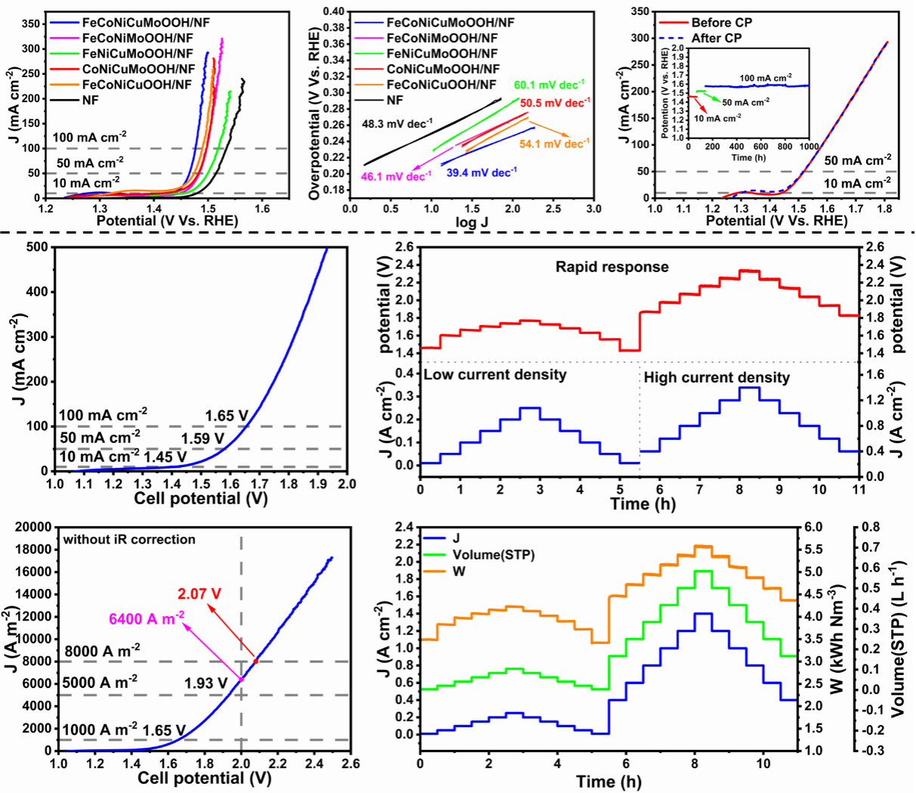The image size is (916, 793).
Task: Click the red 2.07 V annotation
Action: click(200, 594)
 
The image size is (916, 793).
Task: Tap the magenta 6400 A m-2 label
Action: click(147, 619)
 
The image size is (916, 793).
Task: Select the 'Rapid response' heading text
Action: click(612, 267)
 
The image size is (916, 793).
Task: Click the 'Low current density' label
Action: click(495, 375)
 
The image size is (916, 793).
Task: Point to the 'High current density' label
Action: click(716, 378)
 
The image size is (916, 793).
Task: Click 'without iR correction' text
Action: click(129, 540)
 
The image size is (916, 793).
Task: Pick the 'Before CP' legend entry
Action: click(722, 23)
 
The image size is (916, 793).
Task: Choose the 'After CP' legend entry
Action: click(716, 38)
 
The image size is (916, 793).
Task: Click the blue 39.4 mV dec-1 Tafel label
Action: click(481, 173)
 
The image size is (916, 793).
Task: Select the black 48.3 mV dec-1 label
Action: click(397, 124)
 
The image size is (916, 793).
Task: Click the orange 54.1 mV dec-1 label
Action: click(554, 144)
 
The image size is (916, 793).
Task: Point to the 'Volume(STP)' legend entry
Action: click(494, 555)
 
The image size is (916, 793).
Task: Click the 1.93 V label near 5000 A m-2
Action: click(206, 683)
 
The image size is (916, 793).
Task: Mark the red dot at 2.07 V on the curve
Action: click(256, 661)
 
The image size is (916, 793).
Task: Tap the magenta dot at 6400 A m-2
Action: click(242, 680)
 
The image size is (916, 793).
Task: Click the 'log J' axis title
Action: click(472, 222)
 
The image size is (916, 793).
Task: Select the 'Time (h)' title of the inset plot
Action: click(748, 157)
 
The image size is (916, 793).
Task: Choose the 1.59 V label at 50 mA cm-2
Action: click(203, 438)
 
